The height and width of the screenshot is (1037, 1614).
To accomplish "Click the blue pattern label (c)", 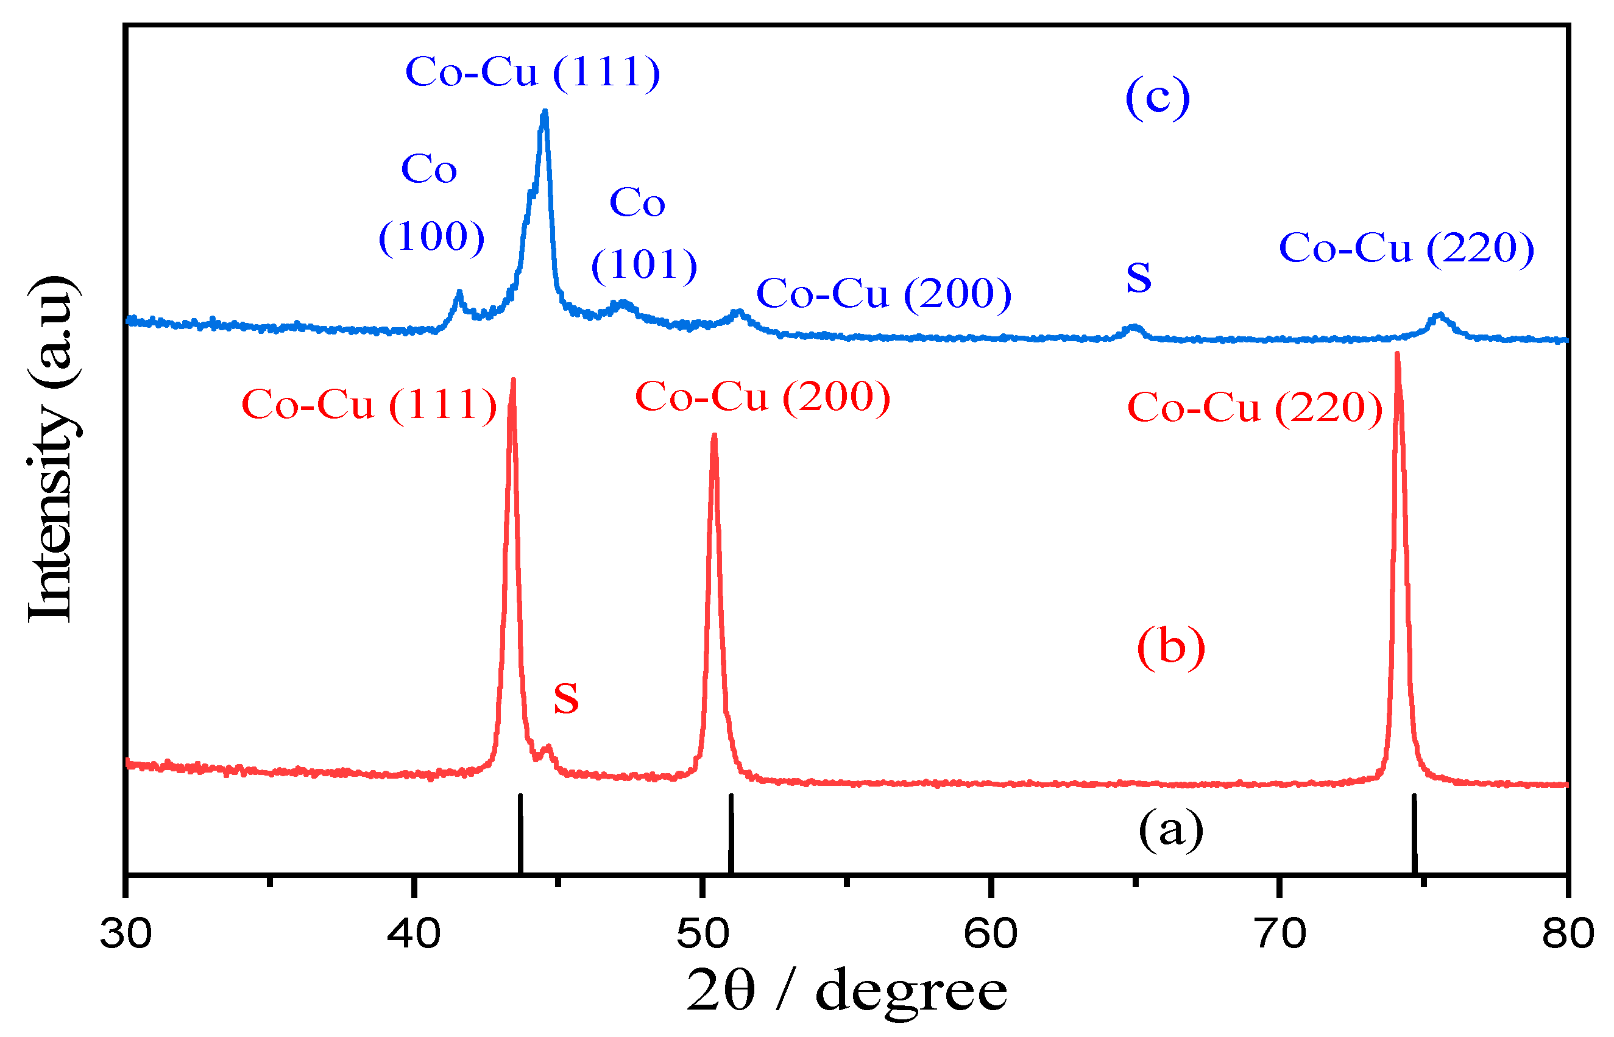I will tap(1158, 97).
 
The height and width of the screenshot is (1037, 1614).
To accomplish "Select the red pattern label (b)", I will tap(1171, 647).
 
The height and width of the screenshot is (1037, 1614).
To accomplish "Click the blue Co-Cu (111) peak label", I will tap(533, 71).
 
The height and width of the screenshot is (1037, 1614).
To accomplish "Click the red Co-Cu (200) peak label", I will tap(762, 397).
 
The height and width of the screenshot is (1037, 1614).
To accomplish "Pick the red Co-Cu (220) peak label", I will tap(1255, 408).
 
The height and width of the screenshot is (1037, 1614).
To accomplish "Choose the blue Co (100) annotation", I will tap(431, 202).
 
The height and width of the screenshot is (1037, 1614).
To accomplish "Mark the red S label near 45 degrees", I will tap(565, 698).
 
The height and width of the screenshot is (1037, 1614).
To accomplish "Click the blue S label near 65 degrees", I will tap(1139, 277).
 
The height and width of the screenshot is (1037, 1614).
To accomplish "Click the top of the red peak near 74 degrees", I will tap(1397, 354).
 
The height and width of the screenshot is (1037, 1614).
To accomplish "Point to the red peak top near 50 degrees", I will tap(713, 436).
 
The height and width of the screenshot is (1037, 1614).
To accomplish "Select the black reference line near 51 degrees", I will tap(731, 833).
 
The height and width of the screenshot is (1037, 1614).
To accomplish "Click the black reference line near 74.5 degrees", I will tap(1414, 833).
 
